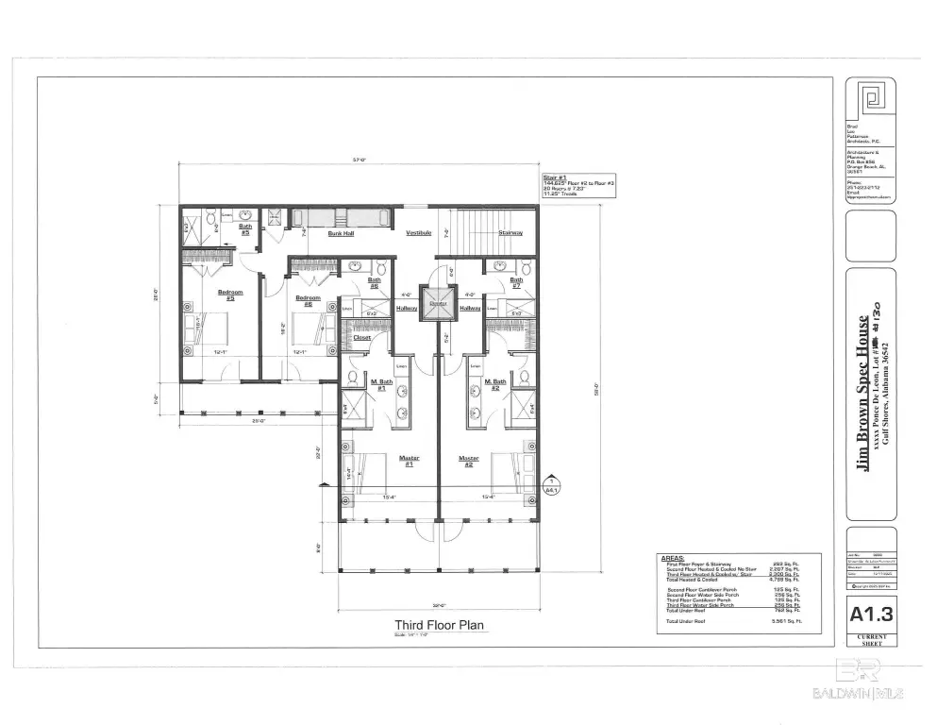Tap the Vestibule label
(418, 232)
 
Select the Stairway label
(510, 232)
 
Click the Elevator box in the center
(437, 305)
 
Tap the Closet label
(361, 337)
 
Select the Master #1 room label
(409, 461)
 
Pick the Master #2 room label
(469, 461)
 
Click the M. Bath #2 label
(496, 383)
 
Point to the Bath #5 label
(244, 228)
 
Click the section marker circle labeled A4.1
(552, 486)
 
